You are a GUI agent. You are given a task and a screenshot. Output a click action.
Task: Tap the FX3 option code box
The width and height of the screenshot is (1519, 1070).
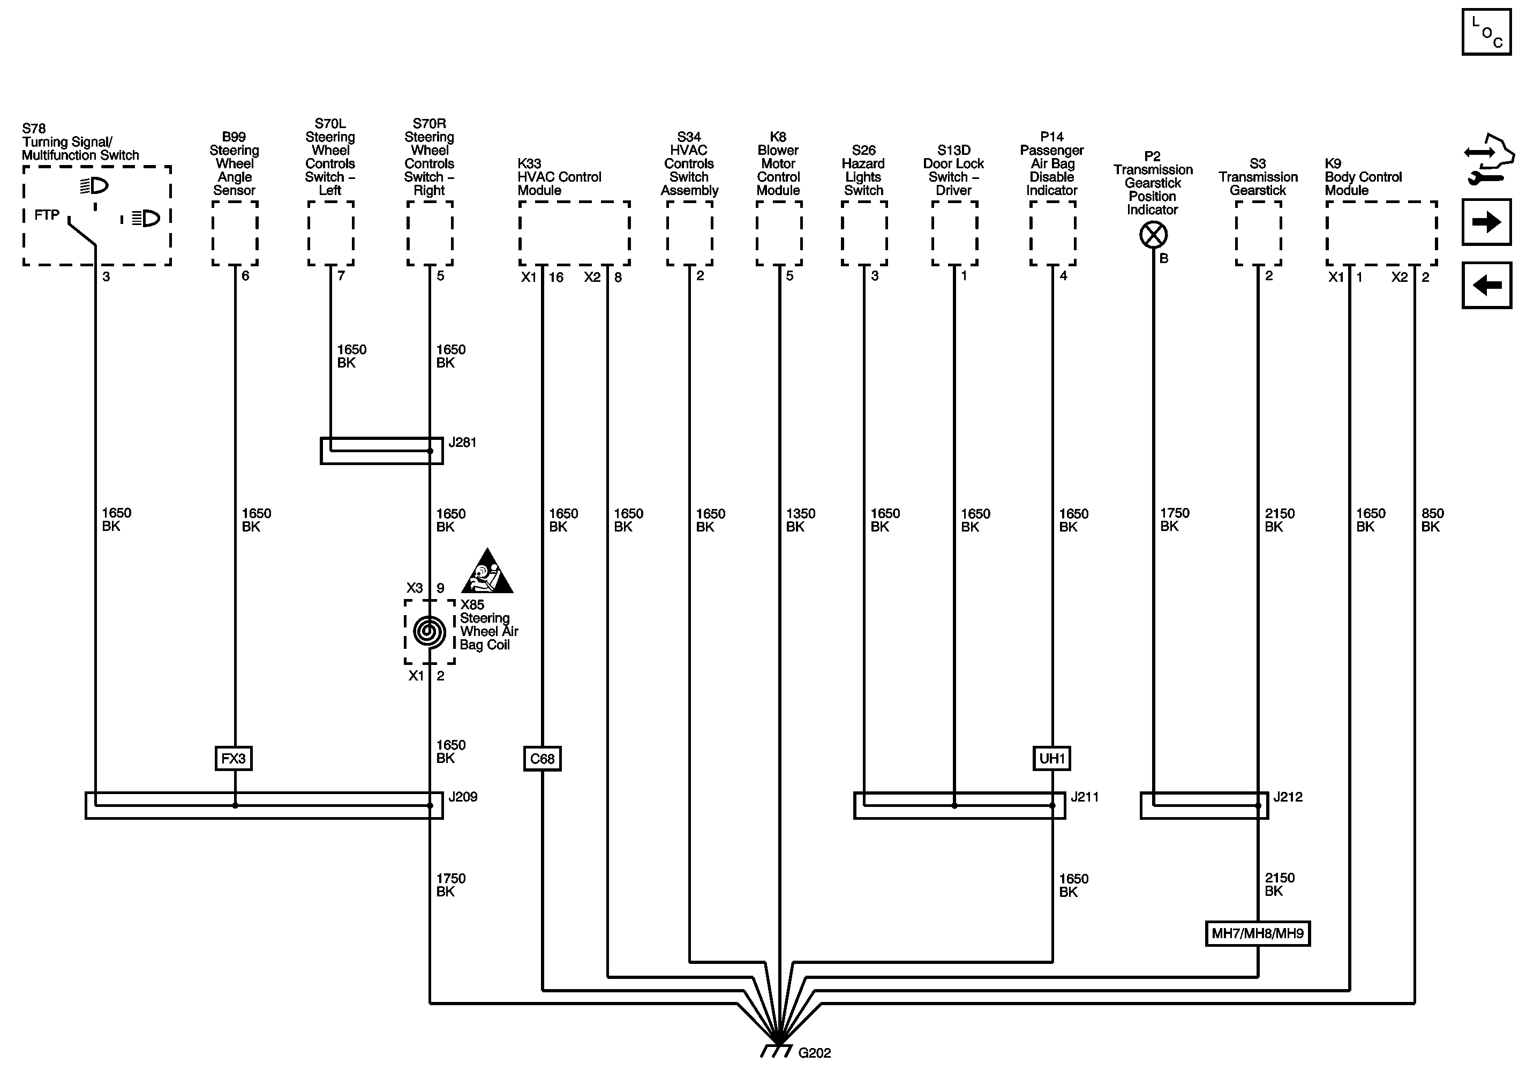pyautogui.click(x=234, y=758)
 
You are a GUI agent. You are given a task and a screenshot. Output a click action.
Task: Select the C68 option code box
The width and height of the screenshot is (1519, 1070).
pyautogui.click(x=542, y=758)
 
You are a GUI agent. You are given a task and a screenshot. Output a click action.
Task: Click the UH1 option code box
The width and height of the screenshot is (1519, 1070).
pyautogui.click(x=1051, y=758)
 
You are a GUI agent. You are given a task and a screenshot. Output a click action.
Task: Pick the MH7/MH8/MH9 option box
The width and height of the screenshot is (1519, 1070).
pyautogui.click(x=1257, y=934)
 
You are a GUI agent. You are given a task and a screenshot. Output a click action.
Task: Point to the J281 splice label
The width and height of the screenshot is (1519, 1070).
pyautogui.click(x=462, y=442)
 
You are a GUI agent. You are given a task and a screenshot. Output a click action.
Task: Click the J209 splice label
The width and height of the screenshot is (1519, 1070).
pyautogui.click(x=462, y=797)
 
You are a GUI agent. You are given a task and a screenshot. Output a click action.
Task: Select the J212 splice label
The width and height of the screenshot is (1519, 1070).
pyautogui.click(x=1288, y=797)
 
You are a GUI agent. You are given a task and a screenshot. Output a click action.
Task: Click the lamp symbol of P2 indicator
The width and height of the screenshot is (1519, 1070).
pyautogui.click(x=1153, y=235)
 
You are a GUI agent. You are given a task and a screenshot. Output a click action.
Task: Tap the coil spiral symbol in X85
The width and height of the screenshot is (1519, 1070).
pyautogui.click(x=430, y=631)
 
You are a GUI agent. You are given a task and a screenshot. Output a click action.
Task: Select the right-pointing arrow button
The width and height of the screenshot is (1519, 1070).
pyautogui.click(x=1486, y=222)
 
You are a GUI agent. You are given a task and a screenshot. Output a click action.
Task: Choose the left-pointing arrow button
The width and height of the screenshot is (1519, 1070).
pyautogui.click(x=1486, y=285)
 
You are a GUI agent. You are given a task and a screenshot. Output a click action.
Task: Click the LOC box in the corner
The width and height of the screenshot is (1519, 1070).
pyautogui.click(x=1486, y=32)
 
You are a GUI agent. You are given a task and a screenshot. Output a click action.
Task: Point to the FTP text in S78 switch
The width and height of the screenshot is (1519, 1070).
pyautogui.click(x=47, y=215)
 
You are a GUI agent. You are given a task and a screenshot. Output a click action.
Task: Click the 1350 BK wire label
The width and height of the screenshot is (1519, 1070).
pyautogui.click(x=800, y=520)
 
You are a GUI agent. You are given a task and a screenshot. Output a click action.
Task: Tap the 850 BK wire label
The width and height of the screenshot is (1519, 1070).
pyautogui.click(x=1432, y=520)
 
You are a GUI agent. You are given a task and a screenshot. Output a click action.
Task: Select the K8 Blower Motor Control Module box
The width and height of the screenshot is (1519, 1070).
pyautogui.click(x=779, y=234)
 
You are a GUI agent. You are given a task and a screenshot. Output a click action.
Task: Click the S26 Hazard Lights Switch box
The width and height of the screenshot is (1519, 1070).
pyautogui.click(x=863, y=234)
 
